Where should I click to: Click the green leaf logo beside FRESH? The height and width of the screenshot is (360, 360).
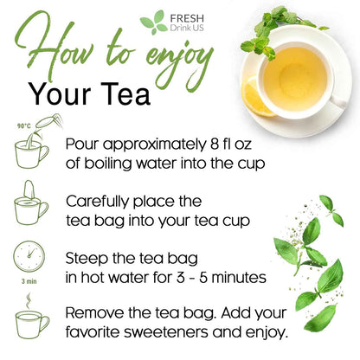[x=153, y=22]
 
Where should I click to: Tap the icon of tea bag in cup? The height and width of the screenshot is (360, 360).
[x=31, y=206]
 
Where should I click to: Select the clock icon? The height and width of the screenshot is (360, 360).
[x=29, y=257]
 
